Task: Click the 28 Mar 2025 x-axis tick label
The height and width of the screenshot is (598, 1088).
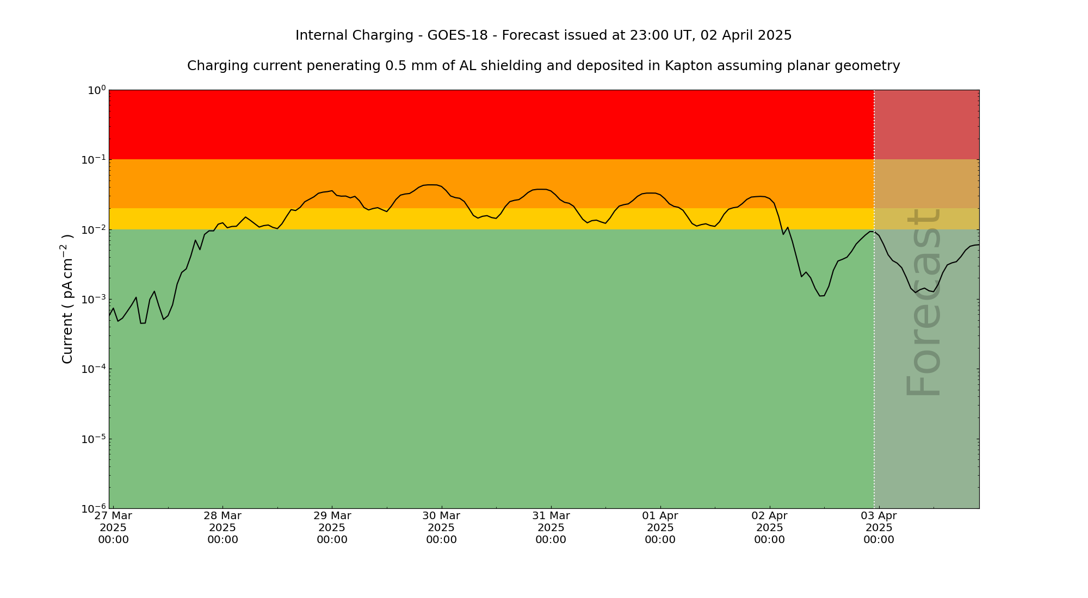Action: tap(222, 527)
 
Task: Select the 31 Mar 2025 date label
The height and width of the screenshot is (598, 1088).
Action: tap(551, 527)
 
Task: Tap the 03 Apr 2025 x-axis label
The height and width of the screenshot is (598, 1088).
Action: tap(879, 527)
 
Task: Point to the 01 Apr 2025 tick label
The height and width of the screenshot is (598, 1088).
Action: tap(660, 527)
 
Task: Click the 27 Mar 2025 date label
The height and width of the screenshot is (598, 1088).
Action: tap(113, 527)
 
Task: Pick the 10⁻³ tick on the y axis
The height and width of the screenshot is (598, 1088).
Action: tap(96, 300)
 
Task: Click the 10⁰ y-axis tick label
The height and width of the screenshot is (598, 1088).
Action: tap(96, 90)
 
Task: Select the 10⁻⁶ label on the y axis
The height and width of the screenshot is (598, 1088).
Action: tap(96, 509)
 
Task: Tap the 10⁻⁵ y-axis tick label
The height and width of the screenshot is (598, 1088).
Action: tap(96, 439)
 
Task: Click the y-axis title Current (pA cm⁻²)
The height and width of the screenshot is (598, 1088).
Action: tap(67, 299)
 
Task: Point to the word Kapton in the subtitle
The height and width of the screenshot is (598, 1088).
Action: tap(687, 66)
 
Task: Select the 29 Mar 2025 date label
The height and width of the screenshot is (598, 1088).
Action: tap(332, 527)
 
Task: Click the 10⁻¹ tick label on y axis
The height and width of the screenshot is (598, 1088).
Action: tap(96, 160)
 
